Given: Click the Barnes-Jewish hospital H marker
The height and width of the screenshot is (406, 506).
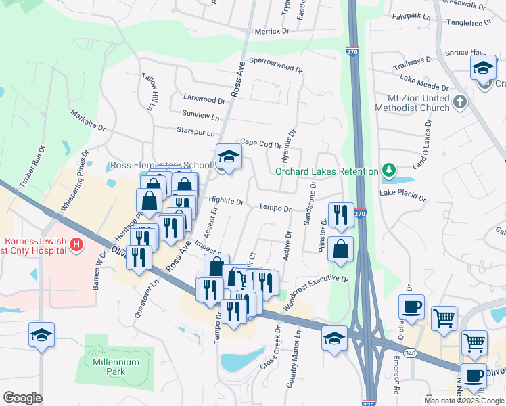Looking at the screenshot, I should pyautogui.click(x=77, y=244).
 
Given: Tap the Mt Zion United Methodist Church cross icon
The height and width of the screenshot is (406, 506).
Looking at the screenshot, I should pyautogui.click(x=459, y=102).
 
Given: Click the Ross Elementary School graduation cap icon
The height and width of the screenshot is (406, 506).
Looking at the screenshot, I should pyautogui.click(x=229, y=157).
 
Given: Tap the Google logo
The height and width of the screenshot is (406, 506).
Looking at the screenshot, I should pyautogui.click(x=22, y=397).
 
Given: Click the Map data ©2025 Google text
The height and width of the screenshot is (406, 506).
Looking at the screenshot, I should pyautogui.click(x=464, y=401).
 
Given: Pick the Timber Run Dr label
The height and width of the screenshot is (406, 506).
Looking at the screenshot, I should pyautogui.click(x=31, y=167).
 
